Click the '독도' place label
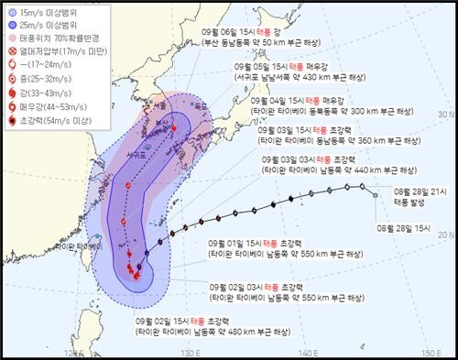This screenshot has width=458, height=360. [195, 104]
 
